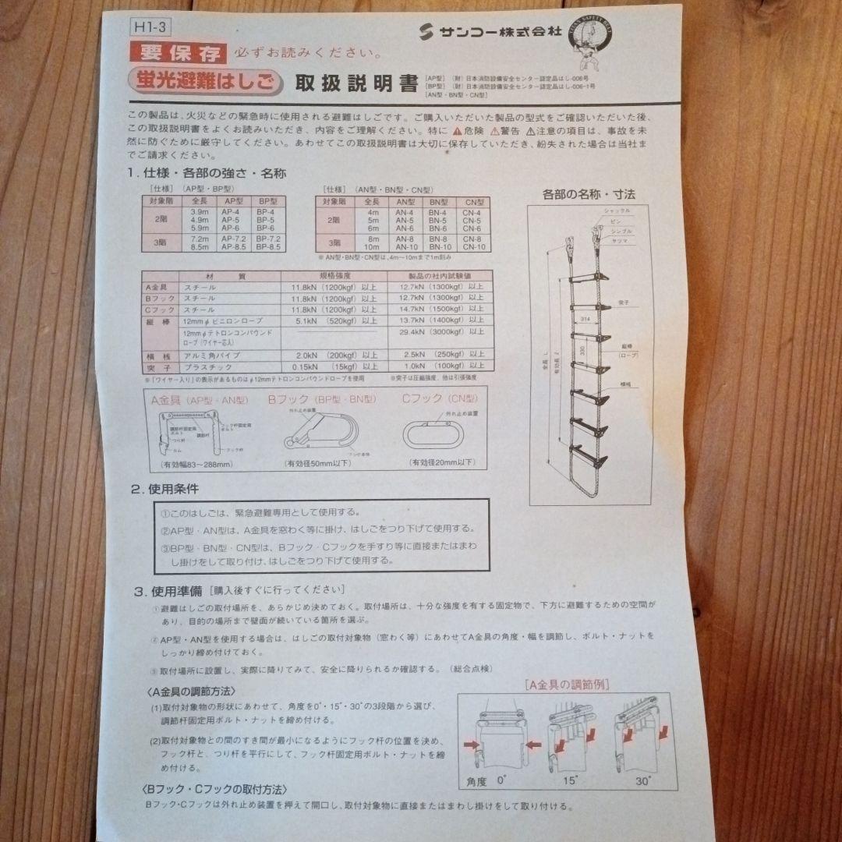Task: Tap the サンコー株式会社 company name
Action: click(483, 31)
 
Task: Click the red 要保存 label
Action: click(179, 53)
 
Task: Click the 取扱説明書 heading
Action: click(356, 83)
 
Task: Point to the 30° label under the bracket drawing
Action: click(645, 780)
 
